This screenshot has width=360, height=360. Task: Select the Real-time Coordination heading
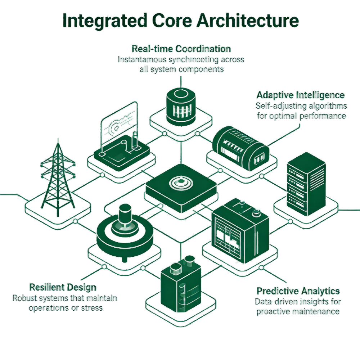tap(181, 49)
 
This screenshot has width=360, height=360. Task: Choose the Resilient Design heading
tap(63, 287)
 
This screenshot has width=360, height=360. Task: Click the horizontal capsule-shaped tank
tap(239, 146)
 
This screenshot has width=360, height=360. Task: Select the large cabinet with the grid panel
tap(239, 230)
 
